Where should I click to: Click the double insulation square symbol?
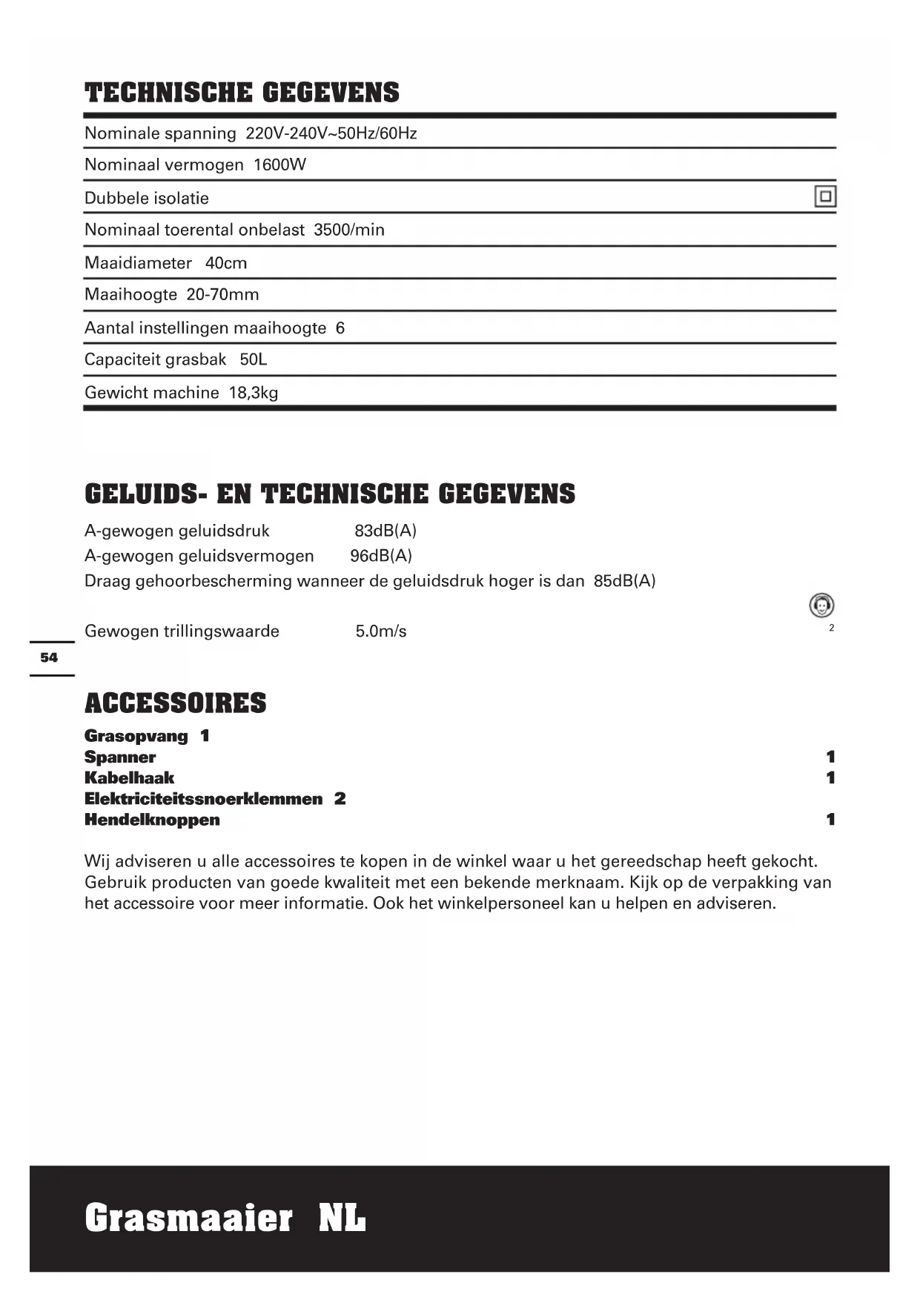point(824,196)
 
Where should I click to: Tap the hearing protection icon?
point(821,606)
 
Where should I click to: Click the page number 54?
point(49,657)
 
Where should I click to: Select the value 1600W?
point(279,165)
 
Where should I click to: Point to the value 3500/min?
point(349,230)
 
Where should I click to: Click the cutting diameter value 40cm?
point(226,262)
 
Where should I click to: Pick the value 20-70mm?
point(222,294)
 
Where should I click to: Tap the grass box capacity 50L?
point(253,359)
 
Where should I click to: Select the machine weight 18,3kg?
point(254,392)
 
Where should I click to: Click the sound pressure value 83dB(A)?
point(385,531)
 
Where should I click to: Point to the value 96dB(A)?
point(381,556)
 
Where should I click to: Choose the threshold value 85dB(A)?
point(624,581)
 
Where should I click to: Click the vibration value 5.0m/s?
point(381,631)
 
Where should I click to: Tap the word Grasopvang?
point(136,736)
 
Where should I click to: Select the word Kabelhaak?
point(130,777)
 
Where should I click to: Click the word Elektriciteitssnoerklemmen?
point(204,798)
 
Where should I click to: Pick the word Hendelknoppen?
point(152,820)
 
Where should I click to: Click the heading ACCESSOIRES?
point(176,703)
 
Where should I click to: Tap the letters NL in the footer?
point(342,1218)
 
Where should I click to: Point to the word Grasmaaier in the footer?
point(189,1218)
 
